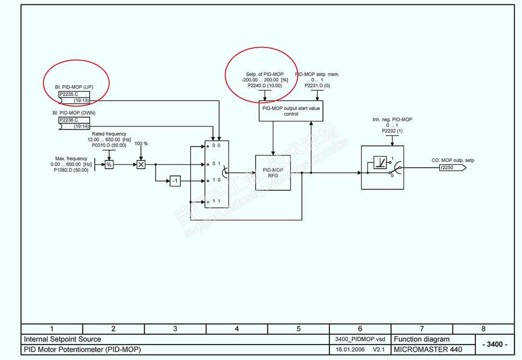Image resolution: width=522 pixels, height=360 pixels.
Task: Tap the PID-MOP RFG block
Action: (273, 173)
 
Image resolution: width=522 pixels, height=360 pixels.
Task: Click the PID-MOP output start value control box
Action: (290, 111)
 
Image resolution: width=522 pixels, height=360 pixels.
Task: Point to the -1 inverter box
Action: (175, 181)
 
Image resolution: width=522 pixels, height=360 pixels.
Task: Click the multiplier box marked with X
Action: (141, 165)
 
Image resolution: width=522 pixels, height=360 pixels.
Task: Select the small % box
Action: (109, 165)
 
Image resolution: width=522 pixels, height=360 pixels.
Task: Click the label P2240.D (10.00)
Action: (265, 85)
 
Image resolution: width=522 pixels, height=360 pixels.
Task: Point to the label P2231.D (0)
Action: (317, 85)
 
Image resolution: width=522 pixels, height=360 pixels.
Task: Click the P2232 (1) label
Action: (392, 131)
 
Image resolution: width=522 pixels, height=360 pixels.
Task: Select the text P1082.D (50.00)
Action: (71, 170)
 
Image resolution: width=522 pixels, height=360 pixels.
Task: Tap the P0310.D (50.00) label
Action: (109, 145)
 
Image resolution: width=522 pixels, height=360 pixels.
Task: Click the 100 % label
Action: (141, 144)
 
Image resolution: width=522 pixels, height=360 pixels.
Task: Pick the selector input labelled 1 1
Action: (216, 201)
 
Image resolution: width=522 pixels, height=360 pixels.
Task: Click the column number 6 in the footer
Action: (360, 329)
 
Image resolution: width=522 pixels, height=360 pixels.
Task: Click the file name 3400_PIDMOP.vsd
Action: (360, 339)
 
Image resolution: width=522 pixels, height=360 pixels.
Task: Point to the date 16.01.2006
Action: (350, 349)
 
